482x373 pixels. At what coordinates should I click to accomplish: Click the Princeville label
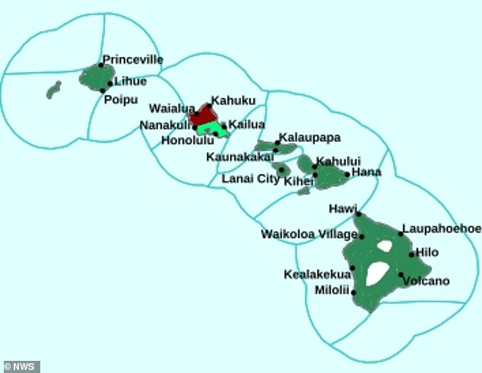coord(132,58)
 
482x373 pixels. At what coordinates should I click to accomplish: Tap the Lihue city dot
coord(110,83)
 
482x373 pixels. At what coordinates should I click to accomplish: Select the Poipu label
coord(122,97)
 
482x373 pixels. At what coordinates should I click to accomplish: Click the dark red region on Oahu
coord(201,115)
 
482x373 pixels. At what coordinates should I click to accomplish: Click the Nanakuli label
coord(166,125)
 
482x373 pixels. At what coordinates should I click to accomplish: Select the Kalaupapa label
coord(309,138)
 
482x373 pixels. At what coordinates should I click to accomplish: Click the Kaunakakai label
coord(239,156)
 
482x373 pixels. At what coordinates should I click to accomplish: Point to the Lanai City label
coord(250,179)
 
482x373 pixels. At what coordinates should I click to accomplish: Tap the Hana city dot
coord(347,174)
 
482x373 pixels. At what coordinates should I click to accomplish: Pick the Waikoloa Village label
coord(309,234)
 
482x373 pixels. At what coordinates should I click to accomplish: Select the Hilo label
coord(428,251)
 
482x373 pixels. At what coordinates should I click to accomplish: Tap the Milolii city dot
coord(354,291)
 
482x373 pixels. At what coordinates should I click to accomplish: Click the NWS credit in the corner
coord(21,367)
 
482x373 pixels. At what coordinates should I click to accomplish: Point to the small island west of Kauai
coord(53,90)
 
